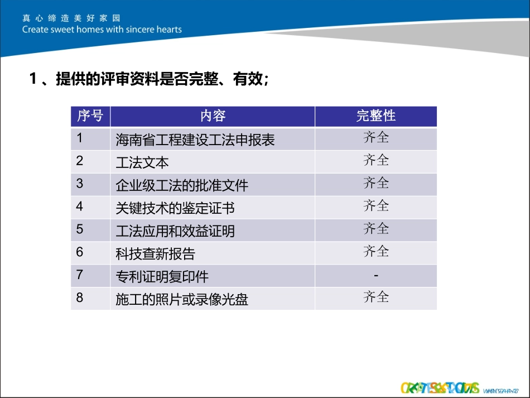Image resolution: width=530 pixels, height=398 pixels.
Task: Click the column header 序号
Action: click(x=90, y=116)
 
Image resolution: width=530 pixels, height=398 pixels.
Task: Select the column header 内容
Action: click(x=213, y=116)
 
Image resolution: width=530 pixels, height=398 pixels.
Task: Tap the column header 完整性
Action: click(x=375, y=116)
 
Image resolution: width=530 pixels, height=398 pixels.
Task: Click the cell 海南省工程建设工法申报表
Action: click(x=195, y=140)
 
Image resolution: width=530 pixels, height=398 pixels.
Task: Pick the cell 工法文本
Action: click(x=142, y=162)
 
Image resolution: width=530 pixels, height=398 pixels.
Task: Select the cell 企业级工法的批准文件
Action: click(x=182, y=185)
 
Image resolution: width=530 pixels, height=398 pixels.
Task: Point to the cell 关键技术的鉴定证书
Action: click(x=175, y=208)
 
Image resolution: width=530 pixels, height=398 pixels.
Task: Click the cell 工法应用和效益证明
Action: click(x=175, y=231)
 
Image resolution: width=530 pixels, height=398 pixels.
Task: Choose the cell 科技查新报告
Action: click(x=156, y=254)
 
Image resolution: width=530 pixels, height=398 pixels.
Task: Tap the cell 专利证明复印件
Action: click(x=162, y=277)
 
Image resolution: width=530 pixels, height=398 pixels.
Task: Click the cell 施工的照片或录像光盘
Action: click(x=182, y=300)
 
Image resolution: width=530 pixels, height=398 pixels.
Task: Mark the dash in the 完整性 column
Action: click(x=376, y=276)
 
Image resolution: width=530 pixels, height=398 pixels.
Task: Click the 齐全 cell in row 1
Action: click(x=376, y=137)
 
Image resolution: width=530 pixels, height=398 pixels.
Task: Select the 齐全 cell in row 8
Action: click(x=376, y=297)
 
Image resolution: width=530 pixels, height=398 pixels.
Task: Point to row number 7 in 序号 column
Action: click(x=80, y=275)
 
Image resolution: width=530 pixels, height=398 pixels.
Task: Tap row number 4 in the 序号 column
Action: click(x=80, y=207)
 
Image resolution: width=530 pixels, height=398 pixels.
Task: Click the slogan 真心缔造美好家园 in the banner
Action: click(x=71, y=18)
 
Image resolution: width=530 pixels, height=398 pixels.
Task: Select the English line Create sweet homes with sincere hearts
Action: click(x=102, y=30)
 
